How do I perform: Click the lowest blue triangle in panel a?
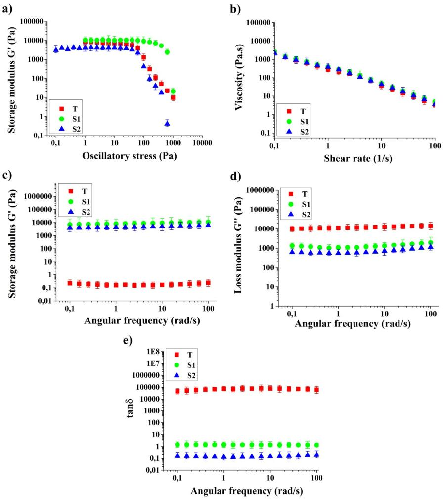[168, 123]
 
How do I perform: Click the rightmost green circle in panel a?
[173, 91]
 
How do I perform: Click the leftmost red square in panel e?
[177, 391]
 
